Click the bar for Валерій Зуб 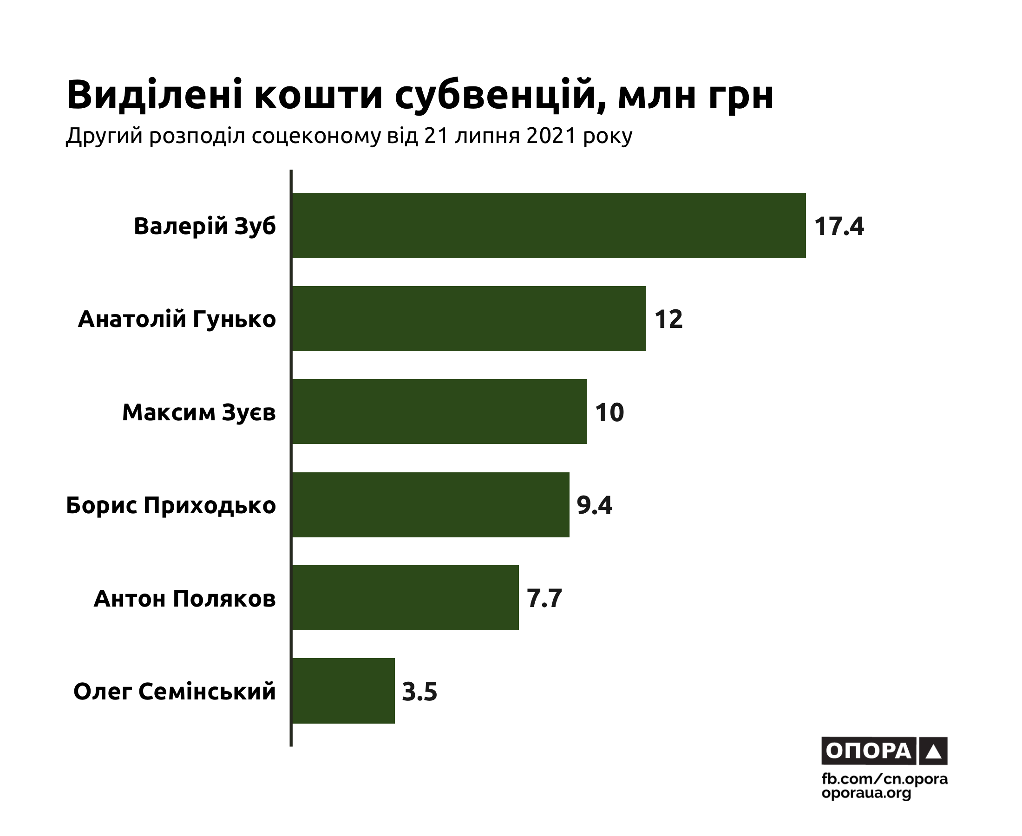[x=549, y=225]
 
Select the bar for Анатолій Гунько [x=469, y=318]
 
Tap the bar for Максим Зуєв [x=439, y=411]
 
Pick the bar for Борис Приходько [x=431, y=505]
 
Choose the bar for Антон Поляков [x=405, y=598]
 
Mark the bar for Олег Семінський [x=343, y=691]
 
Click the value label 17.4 [x=839, y=226]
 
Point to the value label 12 [x=668, y=319]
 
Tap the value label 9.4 [x=594, y=505]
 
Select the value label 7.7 [x=544, y=599]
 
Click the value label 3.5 [x=419, y=692]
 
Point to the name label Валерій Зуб [x=205, y=226]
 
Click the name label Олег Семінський [x=174, y=692]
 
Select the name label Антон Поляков [x=184, y=599]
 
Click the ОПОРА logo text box [x=868, y=751]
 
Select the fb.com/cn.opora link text [x=884, y=779]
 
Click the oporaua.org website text [x=866, y=793]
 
